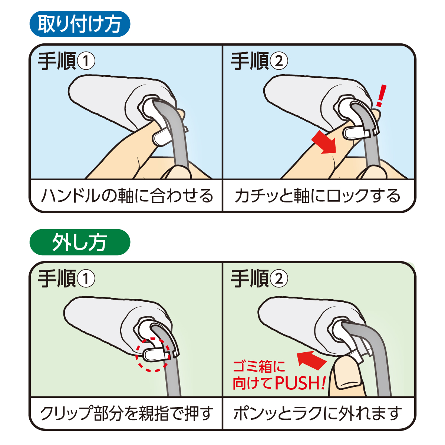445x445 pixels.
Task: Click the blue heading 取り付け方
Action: (x=79, y=24)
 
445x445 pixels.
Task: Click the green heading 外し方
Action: (x=79, y=242)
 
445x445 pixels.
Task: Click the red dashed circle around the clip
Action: (x=152, y=355)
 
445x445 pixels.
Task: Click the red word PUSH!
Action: (x=300, y=383)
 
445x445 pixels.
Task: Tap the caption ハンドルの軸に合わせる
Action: (x=126, y=196)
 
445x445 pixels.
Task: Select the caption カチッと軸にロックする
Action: (x=318, y=196)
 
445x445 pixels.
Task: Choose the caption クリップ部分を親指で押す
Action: (x=126, y=413)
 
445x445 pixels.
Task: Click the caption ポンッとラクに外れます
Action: (x=318, y=413)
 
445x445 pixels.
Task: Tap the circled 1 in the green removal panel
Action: (x=86, y=279)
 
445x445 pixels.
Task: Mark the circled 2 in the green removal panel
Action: (x=278, y=279)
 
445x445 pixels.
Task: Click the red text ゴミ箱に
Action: (x=259, y=367)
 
